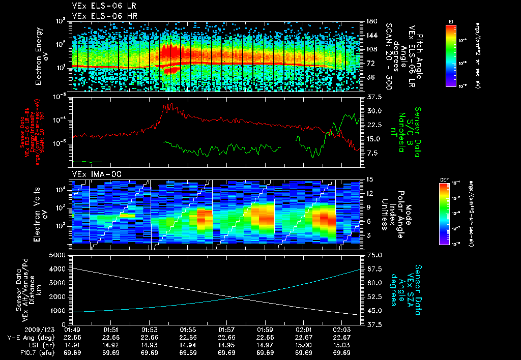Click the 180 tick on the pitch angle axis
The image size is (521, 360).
371,21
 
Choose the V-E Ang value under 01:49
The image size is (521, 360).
72,337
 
